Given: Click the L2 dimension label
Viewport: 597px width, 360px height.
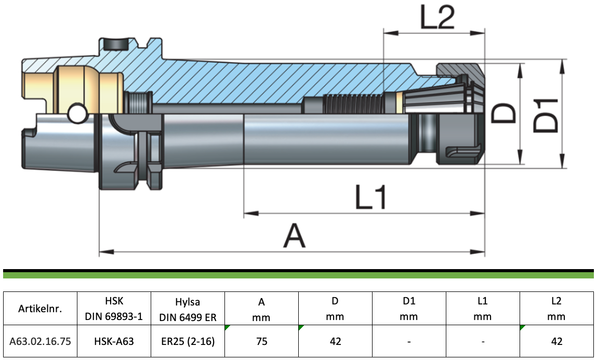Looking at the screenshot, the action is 437,17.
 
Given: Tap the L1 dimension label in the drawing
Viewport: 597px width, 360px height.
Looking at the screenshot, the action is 371,197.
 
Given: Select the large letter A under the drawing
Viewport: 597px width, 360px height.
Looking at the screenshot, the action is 294,235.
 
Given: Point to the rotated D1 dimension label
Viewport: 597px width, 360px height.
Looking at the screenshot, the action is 545,116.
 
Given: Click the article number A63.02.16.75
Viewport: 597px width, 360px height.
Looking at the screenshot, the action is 40,341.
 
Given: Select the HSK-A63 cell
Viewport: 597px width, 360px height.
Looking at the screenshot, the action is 114,341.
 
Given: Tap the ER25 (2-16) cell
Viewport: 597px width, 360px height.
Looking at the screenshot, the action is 188,341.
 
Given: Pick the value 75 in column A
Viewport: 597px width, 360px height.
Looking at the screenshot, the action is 261,341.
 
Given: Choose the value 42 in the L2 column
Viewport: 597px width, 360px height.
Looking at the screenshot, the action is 556,341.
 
